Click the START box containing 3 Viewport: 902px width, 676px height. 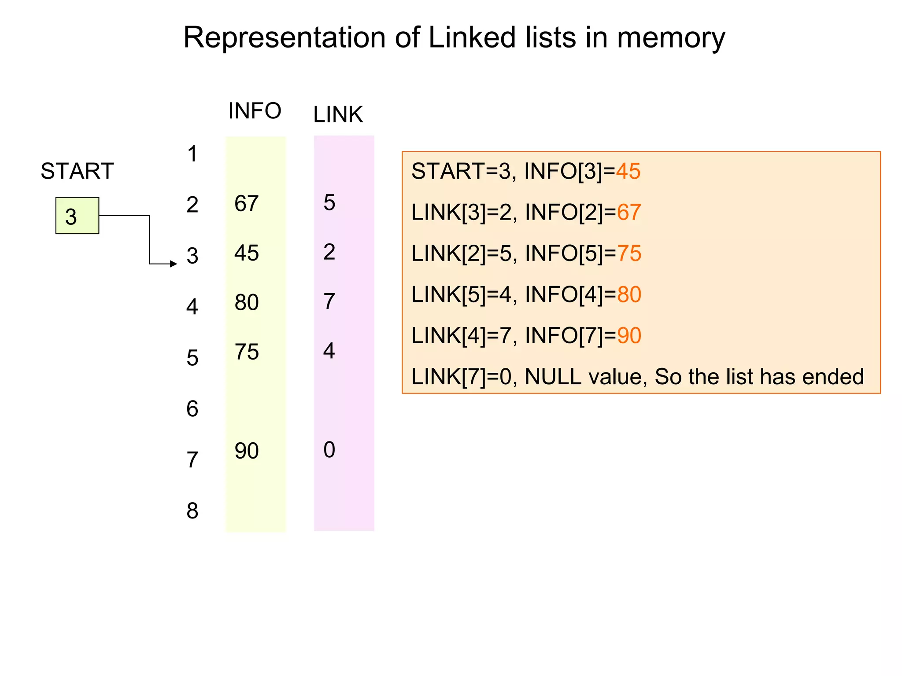click(77, 216)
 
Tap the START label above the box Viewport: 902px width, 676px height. click(77, 171)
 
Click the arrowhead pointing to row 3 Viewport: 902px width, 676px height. click(174, 264)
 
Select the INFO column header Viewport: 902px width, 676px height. click(255, 111)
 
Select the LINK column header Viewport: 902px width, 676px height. click(338, 114)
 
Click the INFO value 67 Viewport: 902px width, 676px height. click(246, 204)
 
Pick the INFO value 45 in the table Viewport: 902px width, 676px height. click(246, 253)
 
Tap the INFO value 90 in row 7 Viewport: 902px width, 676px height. click(246, 451)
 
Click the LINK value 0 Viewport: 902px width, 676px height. click(329, 450)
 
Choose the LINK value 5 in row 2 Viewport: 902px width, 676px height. click(329, 203)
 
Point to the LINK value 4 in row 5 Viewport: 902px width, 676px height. click(329, 351)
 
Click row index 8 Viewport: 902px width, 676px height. click(192, 511)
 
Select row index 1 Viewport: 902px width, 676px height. click(192, 154)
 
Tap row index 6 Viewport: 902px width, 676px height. click(192, 409)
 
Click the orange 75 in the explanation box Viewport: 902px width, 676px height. click(629, 253)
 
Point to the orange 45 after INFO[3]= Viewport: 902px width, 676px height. click(628, 171)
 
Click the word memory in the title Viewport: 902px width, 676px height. click(671, 38)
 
